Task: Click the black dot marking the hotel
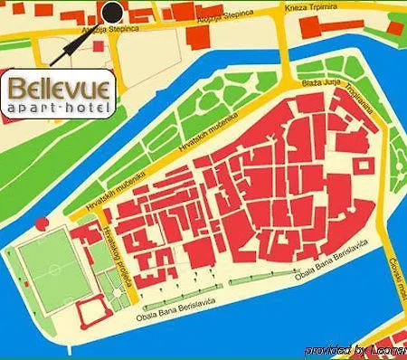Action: pyautogui.click(x=111, y=12)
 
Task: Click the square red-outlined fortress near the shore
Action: pyautogui.click(x=93, y=315)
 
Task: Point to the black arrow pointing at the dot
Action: pyautogui.click(x=68, y=45)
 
